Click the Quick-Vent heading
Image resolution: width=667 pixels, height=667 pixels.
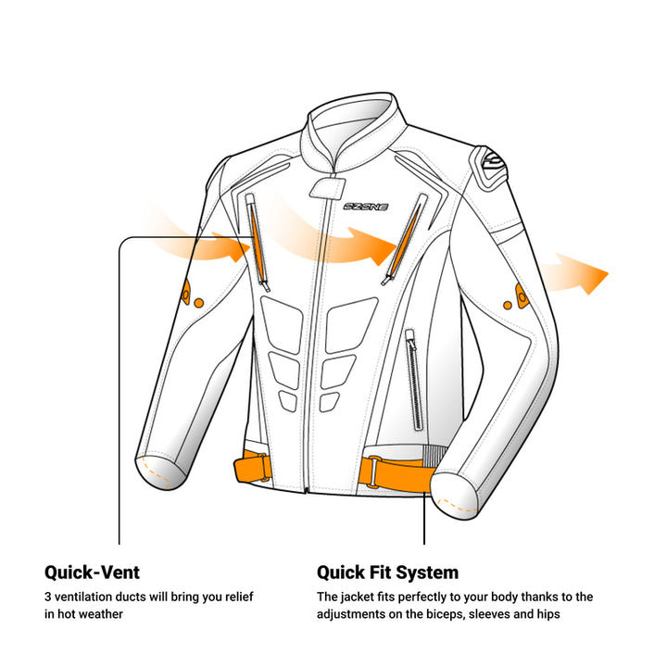pos(92,573)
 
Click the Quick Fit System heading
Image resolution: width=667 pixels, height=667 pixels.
pos(387,573)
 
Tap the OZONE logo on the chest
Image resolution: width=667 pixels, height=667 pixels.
pos(365,207)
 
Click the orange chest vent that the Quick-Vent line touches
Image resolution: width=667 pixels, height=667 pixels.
pos(258,243)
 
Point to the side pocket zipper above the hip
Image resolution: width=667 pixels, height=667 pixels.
pos(414,380)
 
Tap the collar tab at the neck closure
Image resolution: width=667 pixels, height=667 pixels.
pos(327,188)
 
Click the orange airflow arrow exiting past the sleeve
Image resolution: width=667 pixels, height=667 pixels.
pos(575,274)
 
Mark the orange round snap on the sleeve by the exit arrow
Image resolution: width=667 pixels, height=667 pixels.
pos(508,306)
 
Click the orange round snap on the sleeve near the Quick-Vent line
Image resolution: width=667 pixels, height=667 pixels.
pos(198,303)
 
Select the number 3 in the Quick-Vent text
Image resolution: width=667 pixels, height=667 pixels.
pos(48,597)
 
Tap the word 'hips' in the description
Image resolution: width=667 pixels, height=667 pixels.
pos(547,614)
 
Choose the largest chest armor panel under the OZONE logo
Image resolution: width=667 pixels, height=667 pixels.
pos(349,324)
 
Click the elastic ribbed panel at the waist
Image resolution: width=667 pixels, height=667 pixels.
pos(434,455)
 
